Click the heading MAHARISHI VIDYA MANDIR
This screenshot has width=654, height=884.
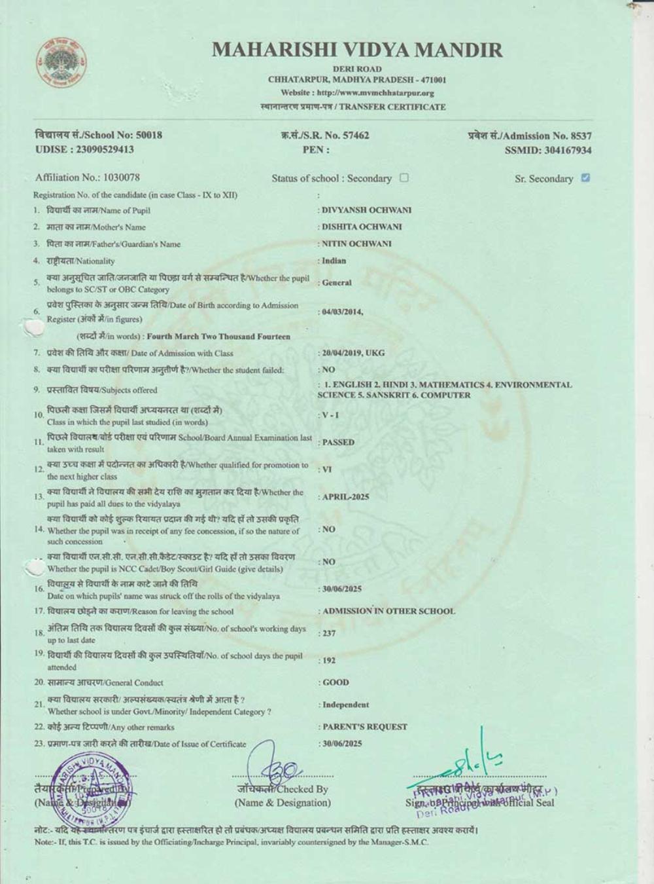(357, 50)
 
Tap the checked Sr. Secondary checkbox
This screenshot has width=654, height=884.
(585, 177)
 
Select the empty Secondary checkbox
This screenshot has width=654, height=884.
(404, 177)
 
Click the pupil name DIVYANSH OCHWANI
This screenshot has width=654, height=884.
(366, 210)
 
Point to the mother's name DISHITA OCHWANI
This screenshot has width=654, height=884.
(362, 227)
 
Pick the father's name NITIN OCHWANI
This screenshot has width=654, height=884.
(356, 244)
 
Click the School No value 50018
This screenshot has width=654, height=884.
(149, 135)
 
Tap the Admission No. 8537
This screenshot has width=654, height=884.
(577, 136)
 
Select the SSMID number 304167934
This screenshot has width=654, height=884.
(568, 150)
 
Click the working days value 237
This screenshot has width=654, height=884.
(329, 633)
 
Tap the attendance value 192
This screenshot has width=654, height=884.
(329, 660)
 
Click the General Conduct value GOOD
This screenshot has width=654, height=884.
(336, 682)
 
